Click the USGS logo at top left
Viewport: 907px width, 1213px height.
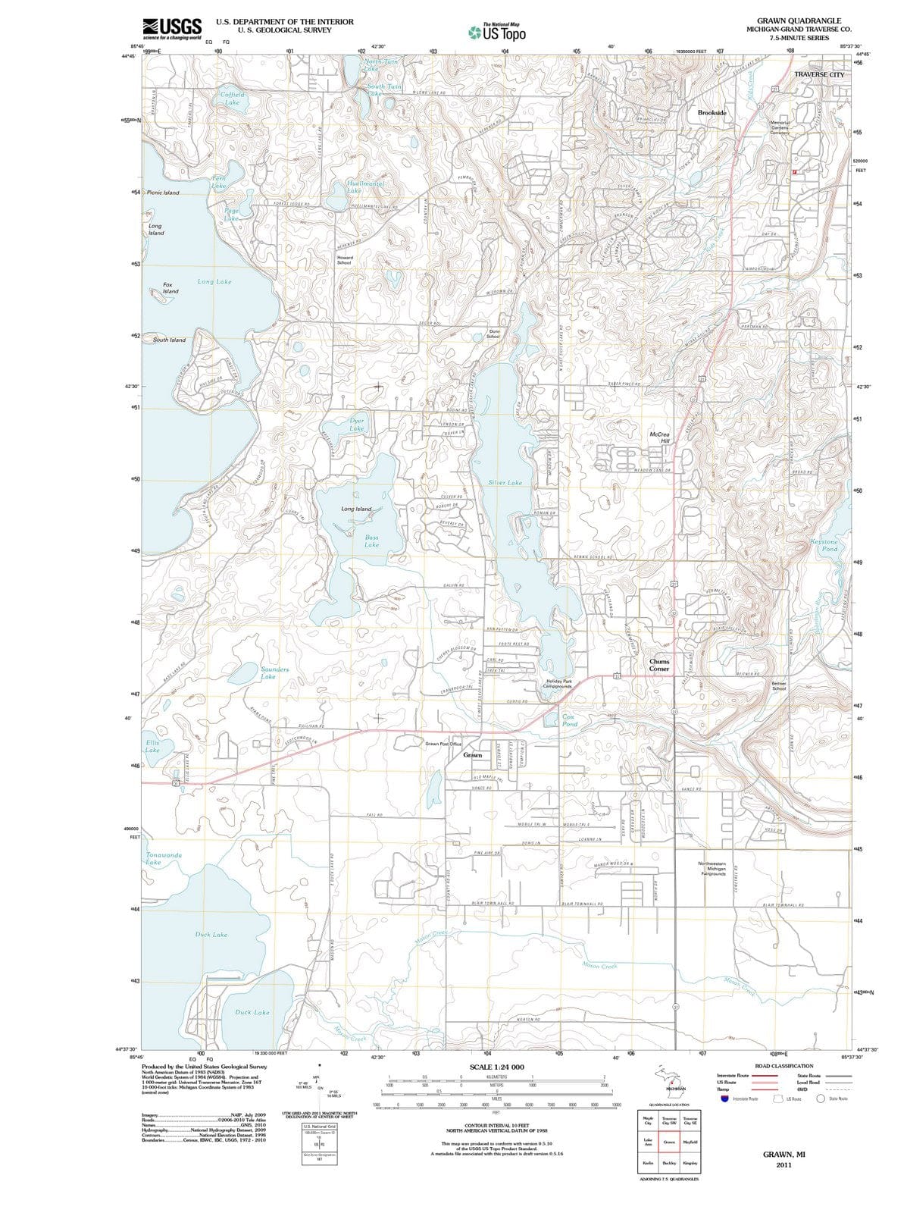coord(172,29)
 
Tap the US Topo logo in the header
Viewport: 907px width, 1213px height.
coord(497,32)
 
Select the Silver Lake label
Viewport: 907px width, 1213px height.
coord(505,482)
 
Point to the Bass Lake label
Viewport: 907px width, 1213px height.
coord(371,541)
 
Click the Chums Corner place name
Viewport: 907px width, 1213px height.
coord(659,665)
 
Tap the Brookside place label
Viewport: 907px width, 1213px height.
coord(712,112)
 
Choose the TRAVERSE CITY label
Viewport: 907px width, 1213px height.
coord(818,75)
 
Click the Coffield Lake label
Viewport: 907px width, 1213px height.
coord(232,99)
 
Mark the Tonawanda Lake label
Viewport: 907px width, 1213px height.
coord(163,858)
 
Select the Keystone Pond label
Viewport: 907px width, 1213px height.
coord(825,545)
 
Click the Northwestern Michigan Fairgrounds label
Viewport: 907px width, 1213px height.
coord(712,868)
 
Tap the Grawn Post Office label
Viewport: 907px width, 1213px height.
coord(443,744)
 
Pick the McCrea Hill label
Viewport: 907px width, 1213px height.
coord(660,437)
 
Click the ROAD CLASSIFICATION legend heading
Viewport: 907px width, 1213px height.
coord(783,1066)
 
